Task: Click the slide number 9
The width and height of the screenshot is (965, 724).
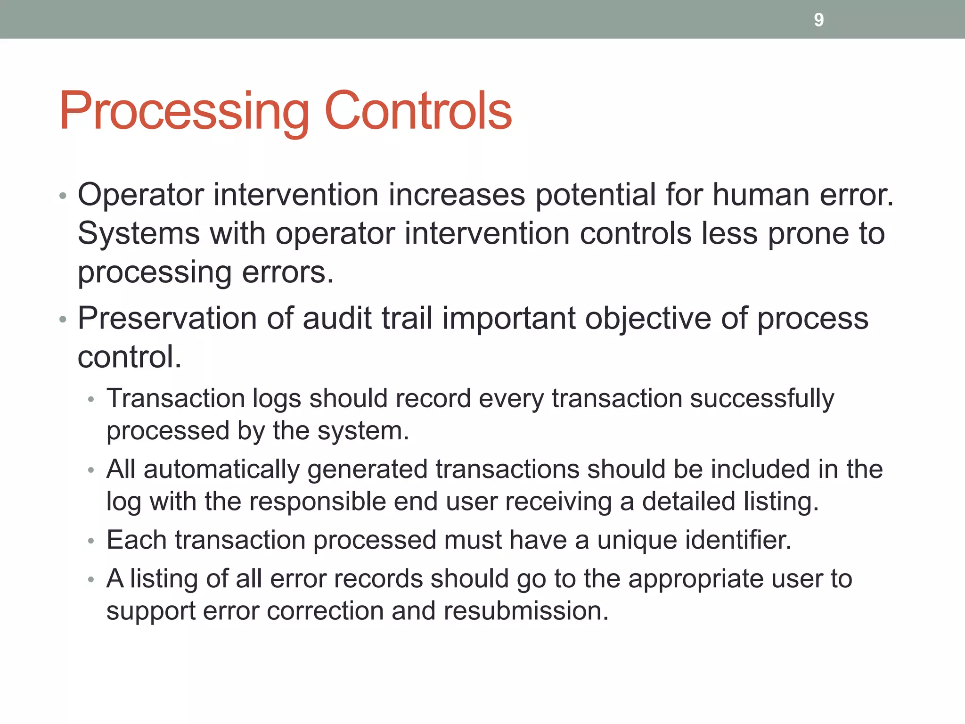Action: (818, 20)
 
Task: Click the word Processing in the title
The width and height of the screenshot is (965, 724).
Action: (184, 111)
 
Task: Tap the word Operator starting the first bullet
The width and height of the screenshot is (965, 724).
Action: (141, 195)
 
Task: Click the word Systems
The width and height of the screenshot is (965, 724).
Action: (139, 234)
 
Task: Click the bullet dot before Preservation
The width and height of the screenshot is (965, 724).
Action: (63, 320)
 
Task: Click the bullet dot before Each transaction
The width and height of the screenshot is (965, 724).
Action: (91, 541)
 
